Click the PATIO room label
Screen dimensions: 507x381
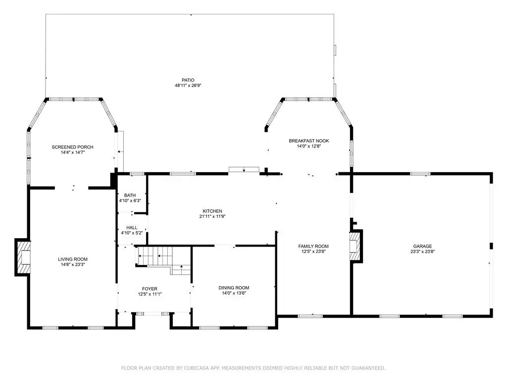[188, 80]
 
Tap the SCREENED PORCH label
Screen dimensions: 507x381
[72, 147]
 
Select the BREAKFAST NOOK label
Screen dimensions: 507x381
[309, 141]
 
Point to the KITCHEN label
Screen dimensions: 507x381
[212, 211]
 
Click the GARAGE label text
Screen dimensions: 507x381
[422, 246]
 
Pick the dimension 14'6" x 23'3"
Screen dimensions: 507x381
[73, 265]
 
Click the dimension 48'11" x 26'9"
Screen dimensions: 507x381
[188, 85]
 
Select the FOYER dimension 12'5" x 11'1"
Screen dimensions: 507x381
[150, 294]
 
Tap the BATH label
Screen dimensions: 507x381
[130, 195]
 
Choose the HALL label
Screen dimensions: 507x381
[132, 228]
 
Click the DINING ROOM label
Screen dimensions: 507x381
[234, 288]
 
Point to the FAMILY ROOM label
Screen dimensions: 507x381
[313, 246]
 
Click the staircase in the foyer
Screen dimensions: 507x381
[163, 260]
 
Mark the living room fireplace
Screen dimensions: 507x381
[23, 257]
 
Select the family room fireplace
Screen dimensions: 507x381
[356, 246]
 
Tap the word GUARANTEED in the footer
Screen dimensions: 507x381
[368, 368]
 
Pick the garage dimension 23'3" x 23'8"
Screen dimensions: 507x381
[423, 252]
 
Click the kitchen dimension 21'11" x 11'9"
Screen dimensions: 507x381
[212, 216]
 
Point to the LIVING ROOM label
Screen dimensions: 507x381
[73, 259]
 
